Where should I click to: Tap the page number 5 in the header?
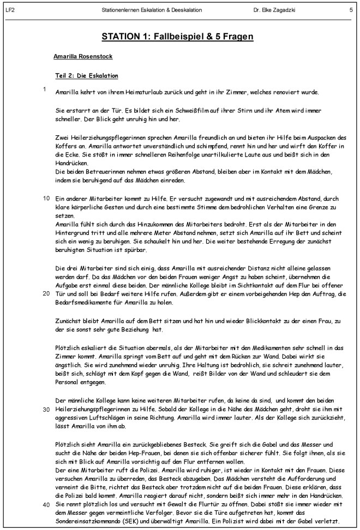point(351,10)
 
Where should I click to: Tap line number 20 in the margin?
point(46,293)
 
